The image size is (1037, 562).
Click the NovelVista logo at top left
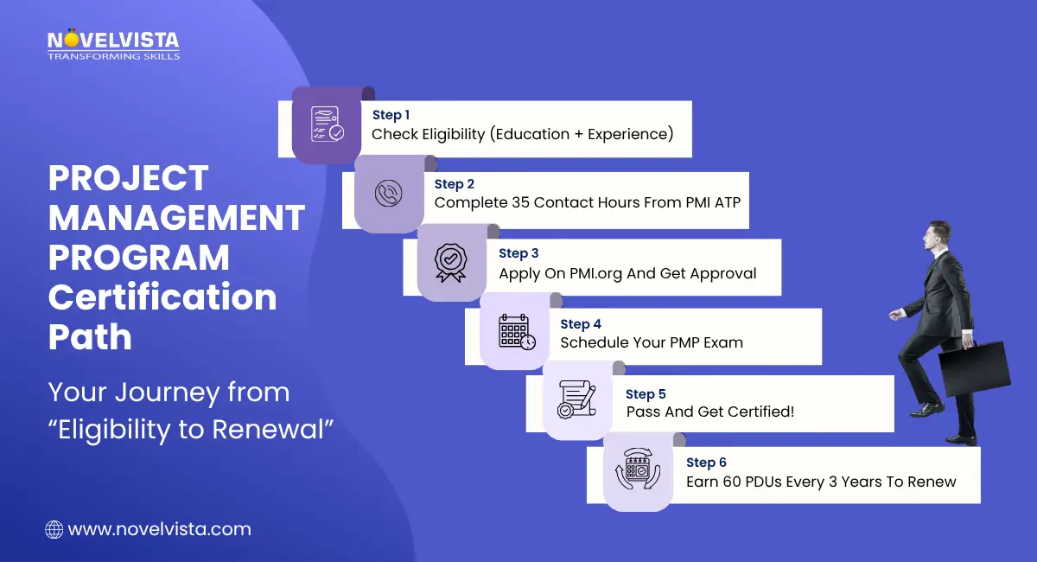[112, 44]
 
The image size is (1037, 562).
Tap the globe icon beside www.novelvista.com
[54, 528]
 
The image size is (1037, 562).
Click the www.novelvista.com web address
[159, 528]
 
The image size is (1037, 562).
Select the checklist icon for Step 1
[327, 124]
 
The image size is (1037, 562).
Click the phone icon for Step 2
[388, 193]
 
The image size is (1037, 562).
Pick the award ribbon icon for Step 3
[450, 261]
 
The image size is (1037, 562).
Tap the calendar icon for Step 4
[516, 333]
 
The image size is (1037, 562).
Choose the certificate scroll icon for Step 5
[576, 399]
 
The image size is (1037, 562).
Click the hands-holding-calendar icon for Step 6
[637, 472]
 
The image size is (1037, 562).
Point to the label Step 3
[518, 253]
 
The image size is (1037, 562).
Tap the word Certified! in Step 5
[752, 412]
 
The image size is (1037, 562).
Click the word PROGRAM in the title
[139, 258]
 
